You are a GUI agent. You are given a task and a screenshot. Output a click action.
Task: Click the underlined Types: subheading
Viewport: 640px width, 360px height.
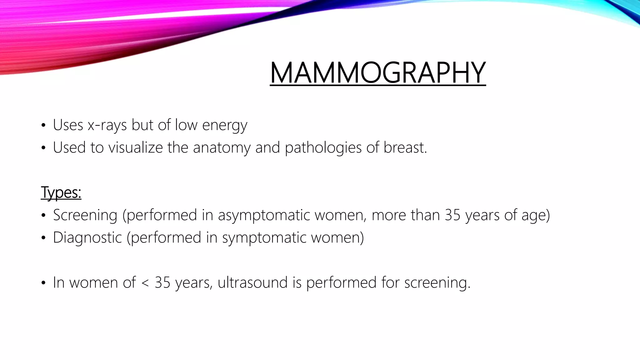[61, 192]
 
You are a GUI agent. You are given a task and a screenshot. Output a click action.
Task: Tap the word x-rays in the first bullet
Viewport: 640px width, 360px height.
[107, 125]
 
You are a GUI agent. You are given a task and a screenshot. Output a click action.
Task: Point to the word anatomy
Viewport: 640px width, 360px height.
[222, 147]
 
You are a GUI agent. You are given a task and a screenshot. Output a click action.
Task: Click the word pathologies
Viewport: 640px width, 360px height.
[323, 147]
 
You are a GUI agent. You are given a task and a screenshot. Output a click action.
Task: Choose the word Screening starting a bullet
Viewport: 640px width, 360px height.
[85, 215]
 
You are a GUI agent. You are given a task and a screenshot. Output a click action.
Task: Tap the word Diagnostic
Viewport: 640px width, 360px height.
[87, 237]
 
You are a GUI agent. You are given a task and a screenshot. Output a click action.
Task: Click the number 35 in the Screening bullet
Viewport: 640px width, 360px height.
[452, 215]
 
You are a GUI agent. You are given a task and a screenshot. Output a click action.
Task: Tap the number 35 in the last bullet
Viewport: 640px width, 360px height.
[162, 282]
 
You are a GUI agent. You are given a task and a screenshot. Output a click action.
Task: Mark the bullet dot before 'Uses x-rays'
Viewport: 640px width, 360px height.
[43, 126]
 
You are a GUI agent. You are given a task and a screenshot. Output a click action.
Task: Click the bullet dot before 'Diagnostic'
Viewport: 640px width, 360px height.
[43, 238]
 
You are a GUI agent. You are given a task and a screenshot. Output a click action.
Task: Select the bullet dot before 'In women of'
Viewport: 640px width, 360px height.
[43, 283]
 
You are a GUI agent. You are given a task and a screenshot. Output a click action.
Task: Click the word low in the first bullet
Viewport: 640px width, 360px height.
[186, 125]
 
